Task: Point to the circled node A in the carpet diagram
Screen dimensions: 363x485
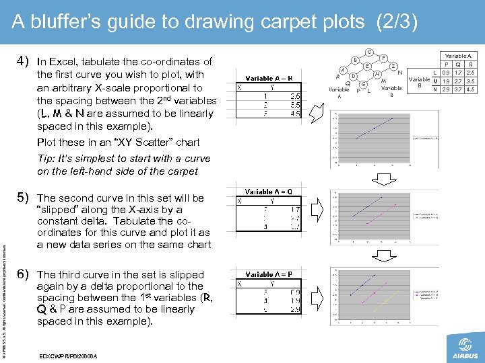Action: coord(343,69)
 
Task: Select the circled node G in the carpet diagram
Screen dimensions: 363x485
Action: coord(363,85)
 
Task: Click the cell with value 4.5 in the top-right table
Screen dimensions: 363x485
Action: coord(470,89)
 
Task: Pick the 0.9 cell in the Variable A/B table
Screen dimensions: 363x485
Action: coord(445,72)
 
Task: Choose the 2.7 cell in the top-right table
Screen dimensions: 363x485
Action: coord(457,81)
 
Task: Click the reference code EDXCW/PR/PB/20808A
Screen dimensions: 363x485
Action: coord(69,355)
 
